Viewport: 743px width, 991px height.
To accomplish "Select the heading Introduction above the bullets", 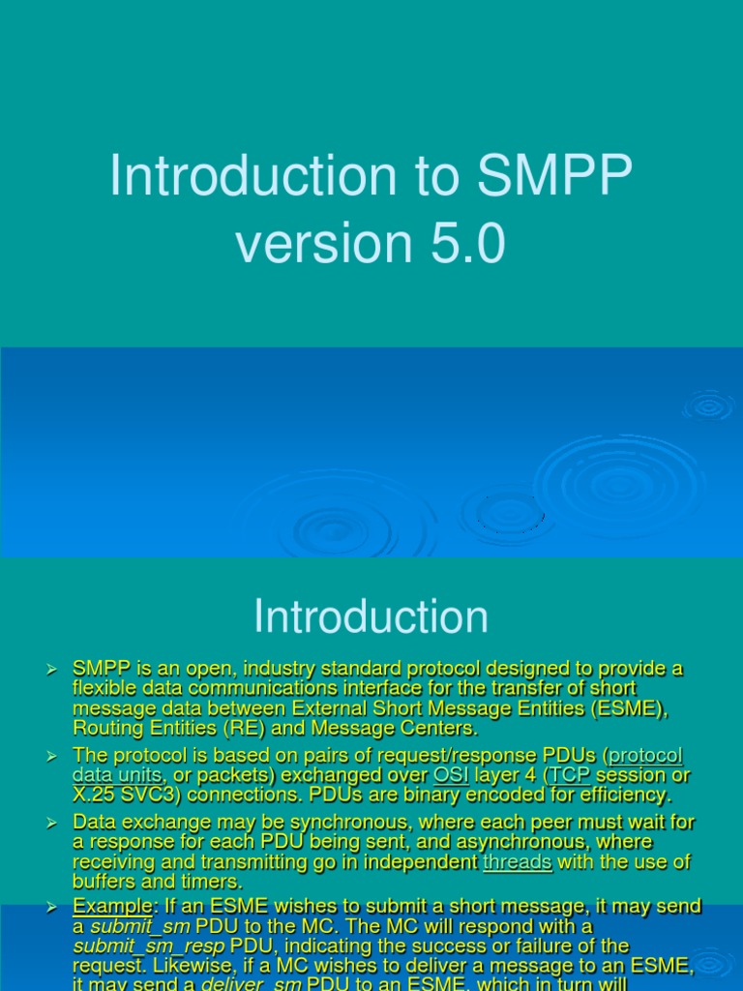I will pyautogui.click(x=371, y=616).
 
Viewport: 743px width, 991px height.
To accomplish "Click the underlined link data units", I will pyautogui.click(x=117, y=775).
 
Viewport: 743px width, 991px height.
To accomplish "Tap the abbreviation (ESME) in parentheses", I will pyautogui.click(x=634, y=707).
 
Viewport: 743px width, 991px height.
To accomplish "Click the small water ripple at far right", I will pyautogui.click(x=709, y=405).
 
